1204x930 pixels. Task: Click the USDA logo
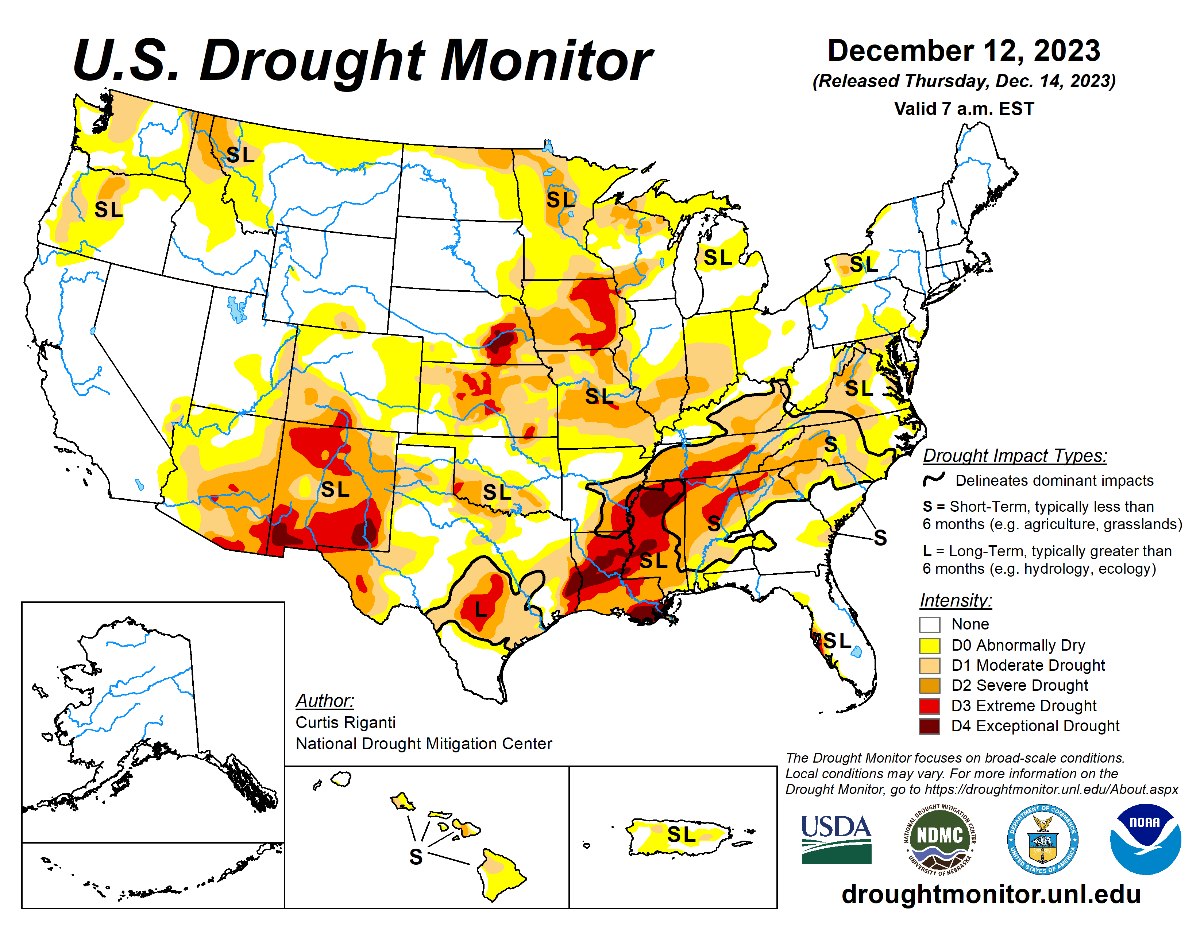(836, 838)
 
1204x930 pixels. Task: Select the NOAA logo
(1145, 838)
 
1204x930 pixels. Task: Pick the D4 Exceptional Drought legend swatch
(930, 726)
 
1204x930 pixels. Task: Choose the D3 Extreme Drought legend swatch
(930, 706)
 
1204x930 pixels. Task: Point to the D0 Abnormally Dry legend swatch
(930, 645)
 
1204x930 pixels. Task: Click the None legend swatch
(930, 625)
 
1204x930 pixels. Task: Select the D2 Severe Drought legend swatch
(930, 685)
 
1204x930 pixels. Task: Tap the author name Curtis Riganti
(346, 722)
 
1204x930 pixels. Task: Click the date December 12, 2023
(964, 51)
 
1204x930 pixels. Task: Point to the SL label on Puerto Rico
(682, 835)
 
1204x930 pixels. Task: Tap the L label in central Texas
(481, 609)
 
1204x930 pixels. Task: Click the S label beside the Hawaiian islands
(416, 857)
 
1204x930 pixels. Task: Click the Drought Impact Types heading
(1015, 456)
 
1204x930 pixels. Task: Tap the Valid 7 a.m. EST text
(964, 109)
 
